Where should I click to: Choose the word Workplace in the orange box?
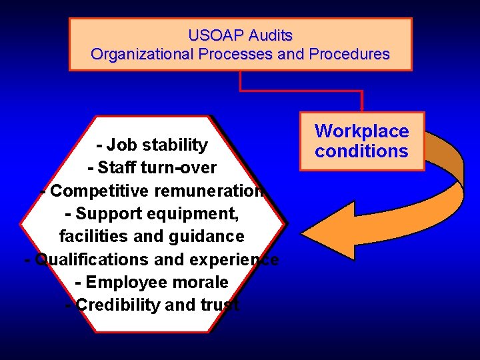[x=361, y=131]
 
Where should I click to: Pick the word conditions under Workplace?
[x=361, y=151]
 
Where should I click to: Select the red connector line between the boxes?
[x=300, y=91]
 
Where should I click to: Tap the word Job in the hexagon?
[x=120, y=145]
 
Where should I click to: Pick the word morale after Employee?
[x=199, y=282]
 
